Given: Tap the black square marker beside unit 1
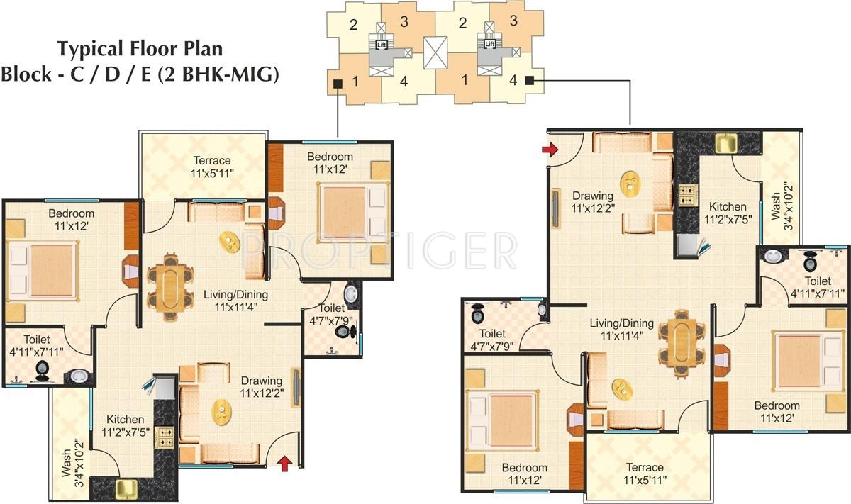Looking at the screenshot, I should click(338, 84).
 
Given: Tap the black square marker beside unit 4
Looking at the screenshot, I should click(529, 80).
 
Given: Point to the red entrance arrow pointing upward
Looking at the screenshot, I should click(284, 464).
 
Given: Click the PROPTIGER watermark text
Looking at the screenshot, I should click(379, 250).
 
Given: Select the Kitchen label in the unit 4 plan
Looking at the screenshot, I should click(727, 207).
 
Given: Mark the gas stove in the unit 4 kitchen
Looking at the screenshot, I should click(686, 195).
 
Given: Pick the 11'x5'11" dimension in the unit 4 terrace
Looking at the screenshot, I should click(645, 481).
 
